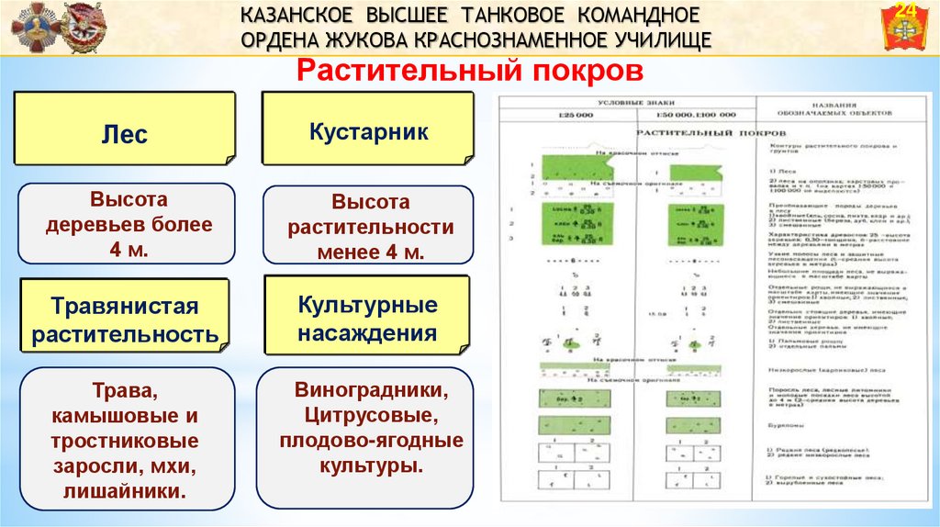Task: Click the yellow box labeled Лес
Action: [124, 134]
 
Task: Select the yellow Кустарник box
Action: [367, 132]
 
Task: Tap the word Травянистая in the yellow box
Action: [125, 306]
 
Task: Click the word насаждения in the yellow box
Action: [366, 332]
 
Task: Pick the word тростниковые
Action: [125, 441]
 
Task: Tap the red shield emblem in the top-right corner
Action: [905, 28]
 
